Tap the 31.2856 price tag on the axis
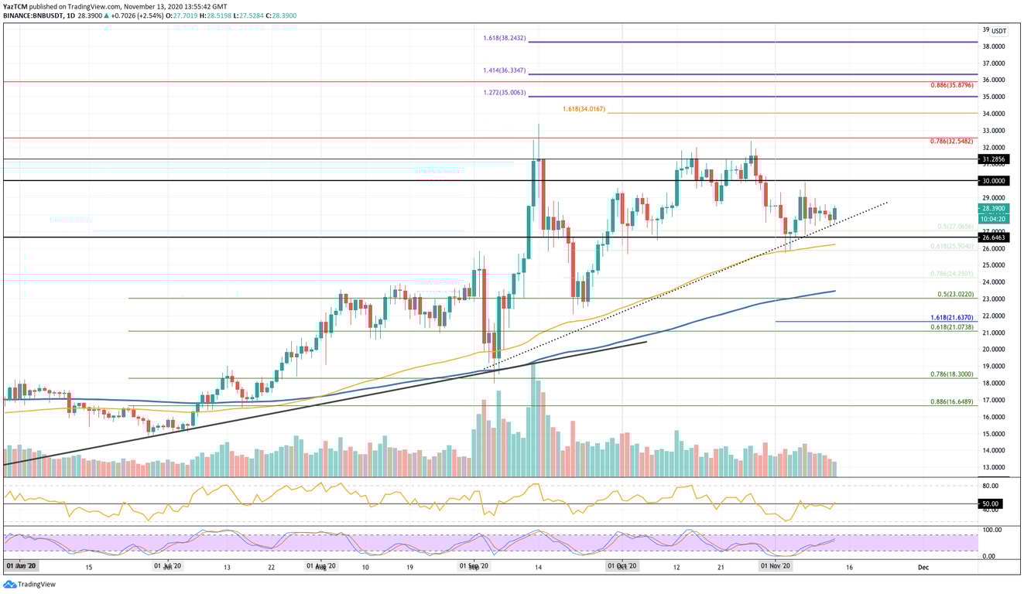point(995,159)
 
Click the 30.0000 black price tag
point(995,181)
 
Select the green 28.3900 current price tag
point(995,208)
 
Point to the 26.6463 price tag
point(995,237)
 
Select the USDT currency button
point(998,32)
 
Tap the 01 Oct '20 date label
point(622,566)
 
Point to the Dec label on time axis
point(923,566)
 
